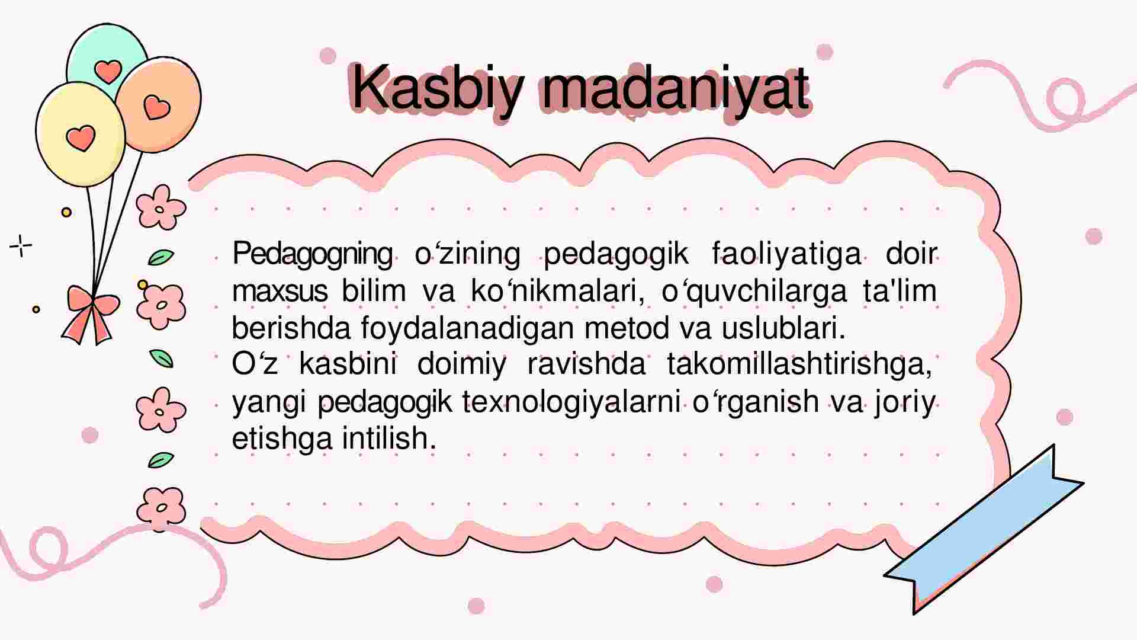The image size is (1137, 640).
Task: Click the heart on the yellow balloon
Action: [81, 137]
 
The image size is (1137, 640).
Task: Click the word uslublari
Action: [783, 328]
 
